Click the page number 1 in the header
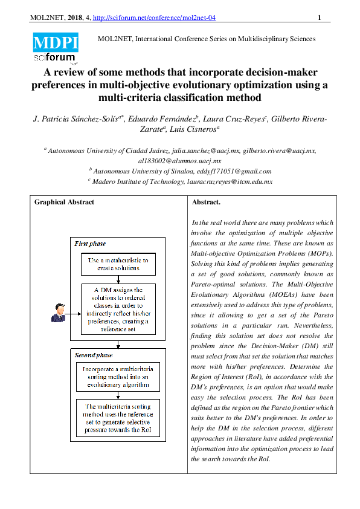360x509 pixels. pos(319,18)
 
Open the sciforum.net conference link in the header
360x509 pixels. pos(159,18)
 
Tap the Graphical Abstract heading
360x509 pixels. pos(64,203)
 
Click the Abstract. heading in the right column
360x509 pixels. pos(206,203)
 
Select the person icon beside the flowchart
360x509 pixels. pos(59,313)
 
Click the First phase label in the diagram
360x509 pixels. pos(90,244)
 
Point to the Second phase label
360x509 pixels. pos(92,355)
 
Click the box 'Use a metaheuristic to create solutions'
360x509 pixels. pos(118,264)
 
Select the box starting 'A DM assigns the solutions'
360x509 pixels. pos(118,309)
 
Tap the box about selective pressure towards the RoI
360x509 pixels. pos(118,418)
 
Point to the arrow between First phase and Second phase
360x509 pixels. pos(118,345)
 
